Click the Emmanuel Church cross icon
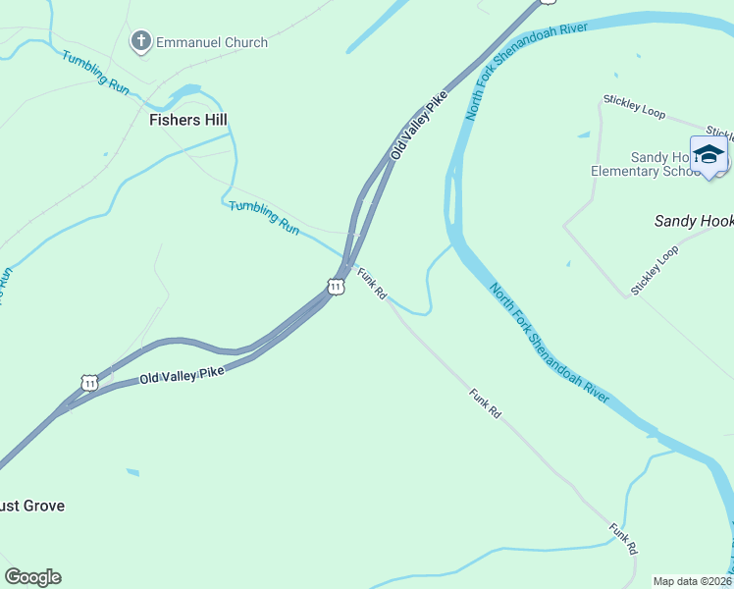pos(141,41)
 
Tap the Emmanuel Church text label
pos(212,42)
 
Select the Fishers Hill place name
pos(188,120)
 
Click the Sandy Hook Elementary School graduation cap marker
pos(709,154)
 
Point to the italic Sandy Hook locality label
pos(694,222)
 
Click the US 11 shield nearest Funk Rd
pos(336,287)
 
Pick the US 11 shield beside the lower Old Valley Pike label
pos(89,382)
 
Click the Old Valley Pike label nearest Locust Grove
pos(182,374)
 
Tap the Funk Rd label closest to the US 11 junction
pos(372,285)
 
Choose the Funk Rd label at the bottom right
pos(623,539)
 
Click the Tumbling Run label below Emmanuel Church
pos(96,72)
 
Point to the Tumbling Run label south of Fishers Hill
pos(264,217)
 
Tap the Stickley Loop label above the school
pos(634,106)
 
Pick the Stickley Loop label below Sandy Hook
pos(655,270)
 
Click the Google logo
pos(32,577)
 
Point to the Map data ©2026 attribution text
pos(693,581)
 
